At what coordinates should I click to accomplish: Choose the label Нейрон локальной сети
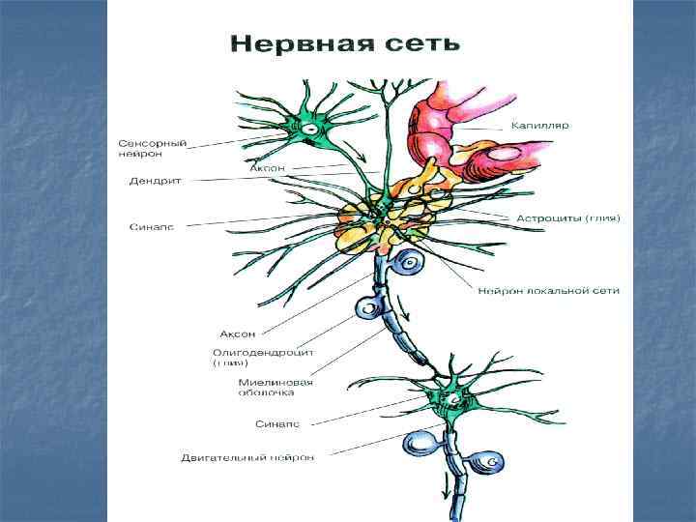548,291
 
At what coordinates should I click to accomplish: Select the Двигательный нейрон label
247,457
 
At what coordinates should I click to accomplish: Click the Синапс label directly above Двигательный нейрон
277,423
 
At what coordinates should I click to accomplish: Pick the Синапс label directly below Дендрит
152,227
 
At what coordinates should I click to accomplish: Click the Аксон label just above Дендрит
267,167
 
